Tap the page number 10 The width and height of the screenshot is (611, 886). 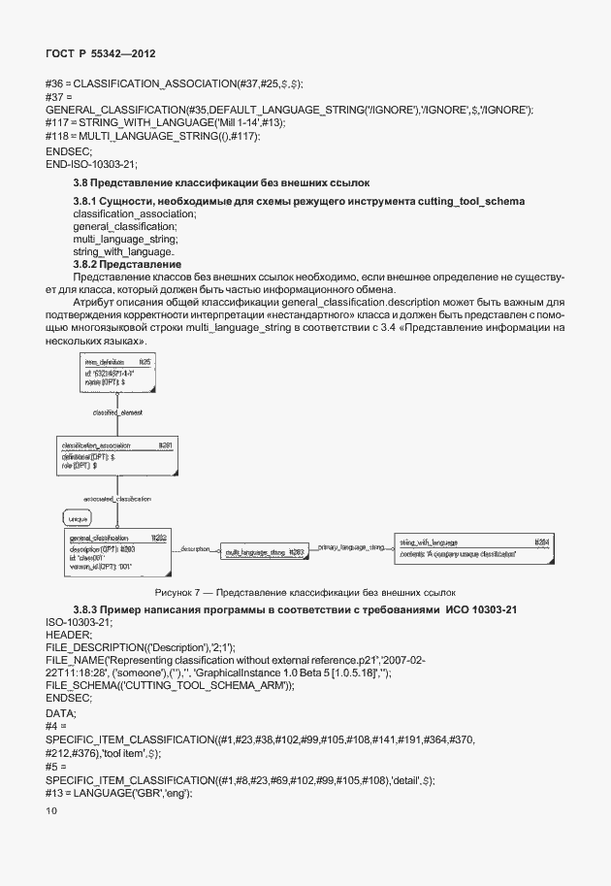[51, 810]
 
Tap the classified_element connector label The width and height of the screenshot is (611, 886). [118, 412]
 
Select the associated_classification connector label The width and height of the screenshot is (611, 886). [123, 498]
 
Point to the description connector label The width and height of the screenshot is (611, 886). [194, 549]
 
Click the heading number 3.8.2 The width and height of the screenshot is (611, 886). [90, 264]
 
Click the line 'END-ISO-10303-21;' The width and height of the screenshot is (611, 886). [91, 164]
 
